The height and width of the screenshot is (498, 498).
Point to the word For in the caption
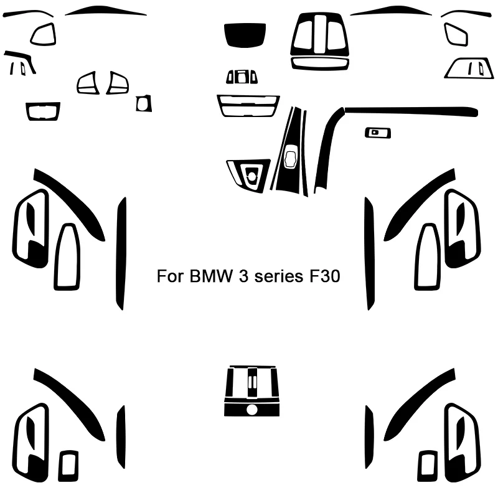169,276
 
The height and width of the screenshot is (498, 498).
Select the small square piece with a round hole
144,103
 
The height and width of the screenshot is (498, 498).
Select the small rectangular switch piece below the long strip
377,132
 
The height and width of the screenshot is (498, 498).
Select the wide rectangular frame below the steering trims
43,111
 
